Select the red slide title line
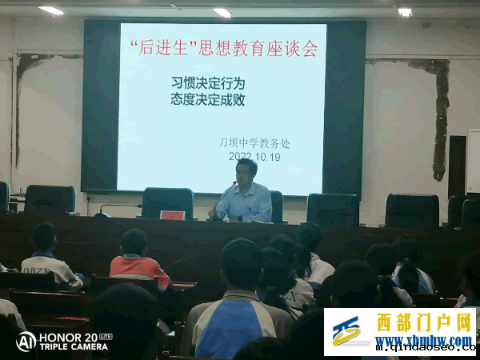[x=223, y=49]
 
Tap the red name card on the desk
[x=172, y=214]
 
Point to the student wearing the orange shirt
[x=137, y=260]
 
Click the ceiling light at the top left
[x=51, y=10]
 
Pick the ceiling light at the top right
[x=405, y=12]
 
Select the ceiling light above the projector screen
[x=222, y=13]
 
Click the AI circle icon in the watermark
[x=26, y=342]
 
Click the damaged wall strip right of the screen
[x=439, y=116]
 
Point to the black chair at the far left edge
[x=4, y=196]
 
